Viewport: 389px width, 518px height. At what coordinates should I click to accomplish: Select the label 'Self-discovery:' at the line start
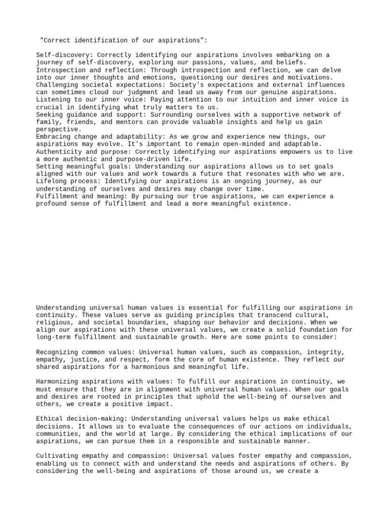(x=64, y=55)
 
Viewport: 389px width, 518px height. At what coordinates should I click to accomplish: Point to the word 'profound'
(x=52, y=204)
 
